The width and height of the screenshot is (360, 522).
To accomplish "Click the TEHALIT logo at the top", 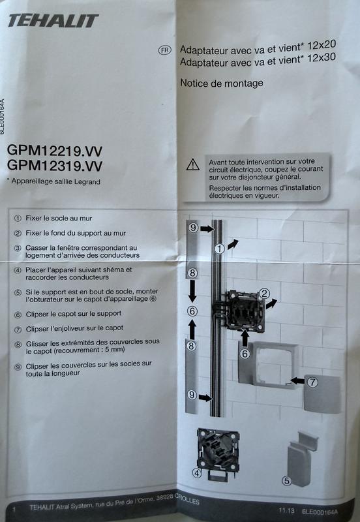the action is click(53, 21).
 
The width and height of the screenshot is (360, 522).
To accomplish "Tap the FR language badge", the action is click(164, 50).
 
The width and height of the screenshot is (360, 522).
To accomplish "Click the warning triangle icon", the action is click(193, 165).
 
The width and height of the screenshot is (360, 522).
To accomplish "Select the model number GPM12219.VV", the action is click(55, 151).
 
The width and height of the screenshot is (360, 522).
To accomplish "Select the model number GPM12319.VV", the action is click(55, 166).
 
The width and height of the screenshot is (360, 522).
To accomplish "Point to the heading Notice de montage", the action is click(222, 83).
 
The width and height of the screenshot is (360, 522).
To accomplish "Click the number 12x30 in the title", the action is click(322, 58).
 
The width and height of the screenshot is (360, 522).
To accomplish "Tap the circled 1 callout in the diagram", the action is click(219, 249).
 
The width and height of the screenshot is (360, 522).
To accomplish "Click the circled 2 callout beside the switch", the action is click(264, 293).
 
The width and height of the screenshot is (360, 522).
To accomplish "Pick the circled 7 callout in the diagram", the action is click(312, 382).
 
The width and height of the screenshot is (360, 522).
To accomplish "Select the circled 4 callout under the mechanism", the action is click(197, 472).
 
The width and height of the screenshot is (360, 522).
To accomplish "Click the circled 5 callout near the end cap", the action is click(286, 481).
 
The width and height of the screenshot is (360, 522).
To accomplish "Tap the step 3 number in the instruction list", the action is click(18, 249).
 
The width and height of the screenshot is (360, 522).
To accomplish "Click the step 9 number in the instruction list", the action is click(18, 367).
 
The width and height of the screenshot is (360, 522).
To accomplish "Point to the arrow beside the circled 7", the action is click(298, 380).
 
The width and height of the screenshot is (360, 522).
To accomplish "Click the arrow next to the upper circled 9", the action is click(207, 229).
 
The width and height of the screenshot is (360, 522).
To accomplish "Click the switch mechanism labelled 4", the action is click(218, 453).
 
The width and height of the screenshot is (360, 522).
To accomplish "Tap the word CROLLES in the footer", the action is click(187, 500).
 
